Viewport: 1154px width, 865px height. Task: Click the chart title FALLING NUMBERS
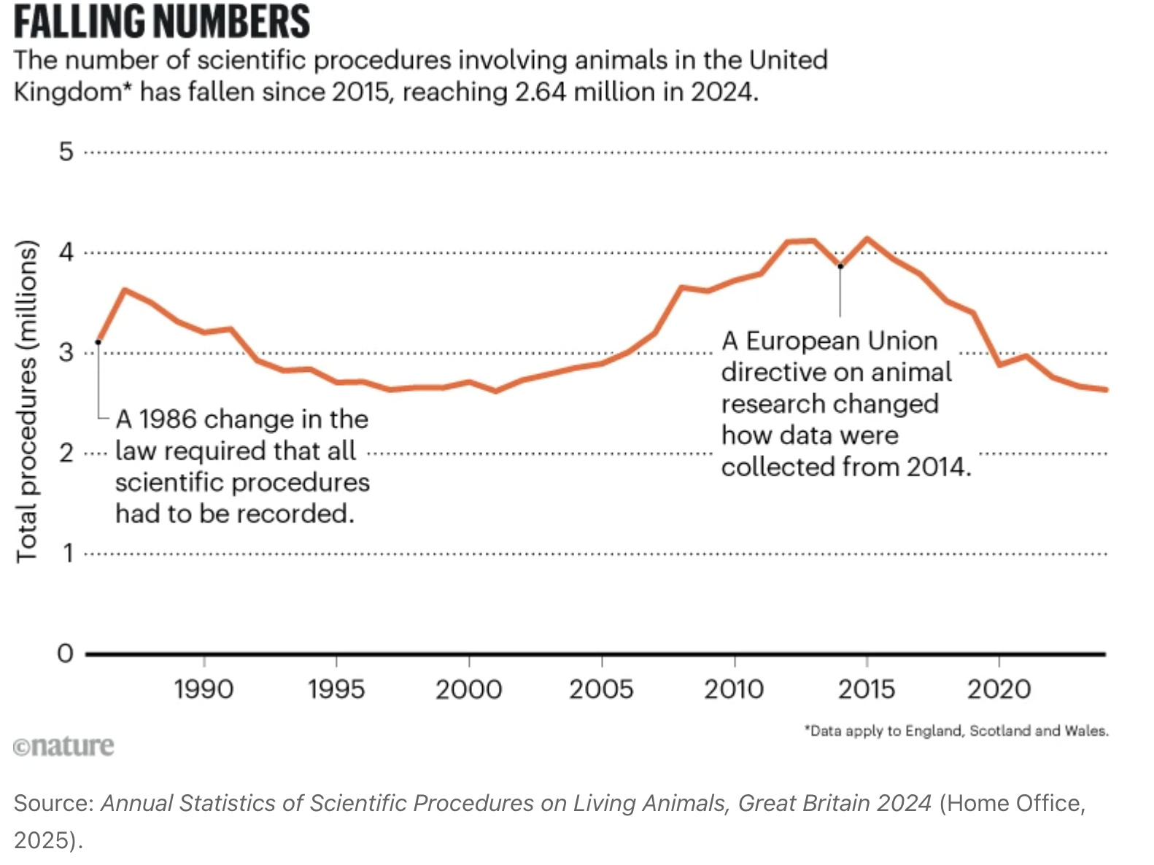tap(162, 21)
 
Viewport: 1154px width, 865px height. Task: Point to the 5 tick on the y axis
tap(66, 152)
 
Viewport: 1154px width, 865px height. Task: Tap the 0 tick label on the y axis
tap(66, 653)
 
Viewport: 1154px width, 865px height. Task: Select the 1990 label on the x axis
tap(204, 689)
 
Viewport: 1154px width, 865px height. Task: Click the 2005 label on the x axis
tap(601, 689)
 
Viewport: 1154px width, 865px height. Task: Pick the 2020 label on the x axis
tap(999, 689)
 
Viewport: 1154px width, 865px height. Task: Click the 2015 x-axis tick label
tap(866, 689)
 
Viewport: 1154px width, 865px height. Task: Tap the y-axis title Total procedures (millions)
tap(27, 401)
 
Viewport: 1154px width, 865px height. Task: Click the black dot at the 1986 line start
tap(98, 342)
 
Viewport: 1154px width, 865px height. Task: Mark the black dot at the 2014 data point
tap(840, 266)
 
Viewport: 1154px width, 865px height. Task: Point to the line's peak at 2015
tap(867, 238)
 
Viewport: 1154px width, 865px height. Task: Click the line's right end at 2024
tap(1106, 389)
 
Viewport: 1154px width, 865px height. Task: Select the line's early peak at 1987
tap(125, 290)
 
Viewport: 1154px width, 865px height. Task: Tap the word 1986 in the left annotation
tap(168, 419)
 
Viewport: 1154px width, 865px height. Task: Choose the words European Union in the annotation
tap(841, 341)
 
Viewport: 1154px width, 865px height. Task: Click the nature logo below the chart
tap(64, 746)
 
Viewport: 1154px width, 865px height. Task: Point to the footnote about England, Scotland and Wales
tap(956, 731)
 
